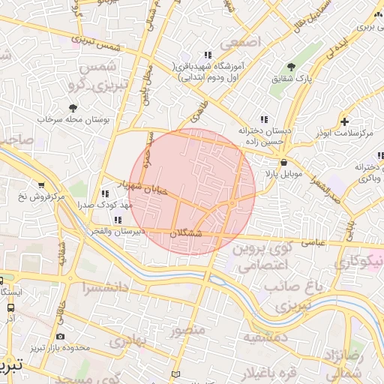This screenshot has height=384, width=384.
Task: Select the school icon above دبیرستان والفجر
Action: (117, 220)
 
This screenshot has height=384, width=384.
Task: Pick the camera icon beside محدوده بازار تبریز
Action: (61, 336)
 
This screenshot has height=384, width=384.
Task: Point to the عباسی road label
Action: (319, 242)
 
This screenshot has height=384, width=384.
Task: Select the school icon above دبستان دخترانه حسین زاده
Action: (263, 118)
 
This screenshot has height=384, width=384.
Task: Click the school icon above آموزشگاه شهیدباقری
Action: (207, 55)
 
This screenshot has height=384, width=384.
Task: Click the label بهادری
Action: (131, 340)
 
